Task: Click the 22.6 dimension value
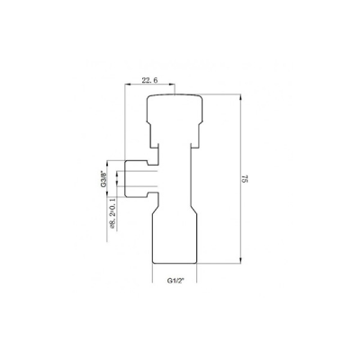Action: tap(151, 80)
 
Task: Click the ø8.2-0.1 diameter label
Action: tap(113, 219)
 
